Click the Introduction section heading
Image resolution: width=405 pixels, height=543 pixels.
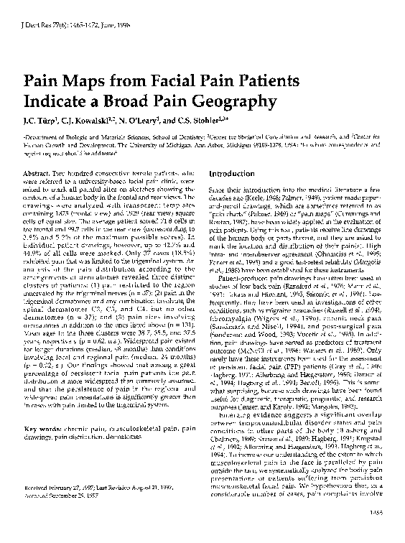tap(234, 173)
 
